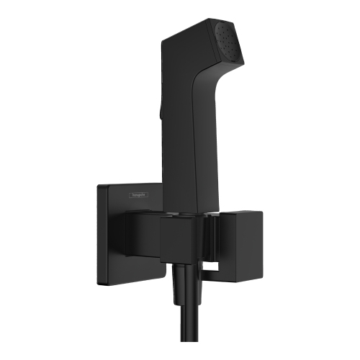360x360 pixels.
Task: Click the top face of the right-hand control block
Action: [x=245, y=214]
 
